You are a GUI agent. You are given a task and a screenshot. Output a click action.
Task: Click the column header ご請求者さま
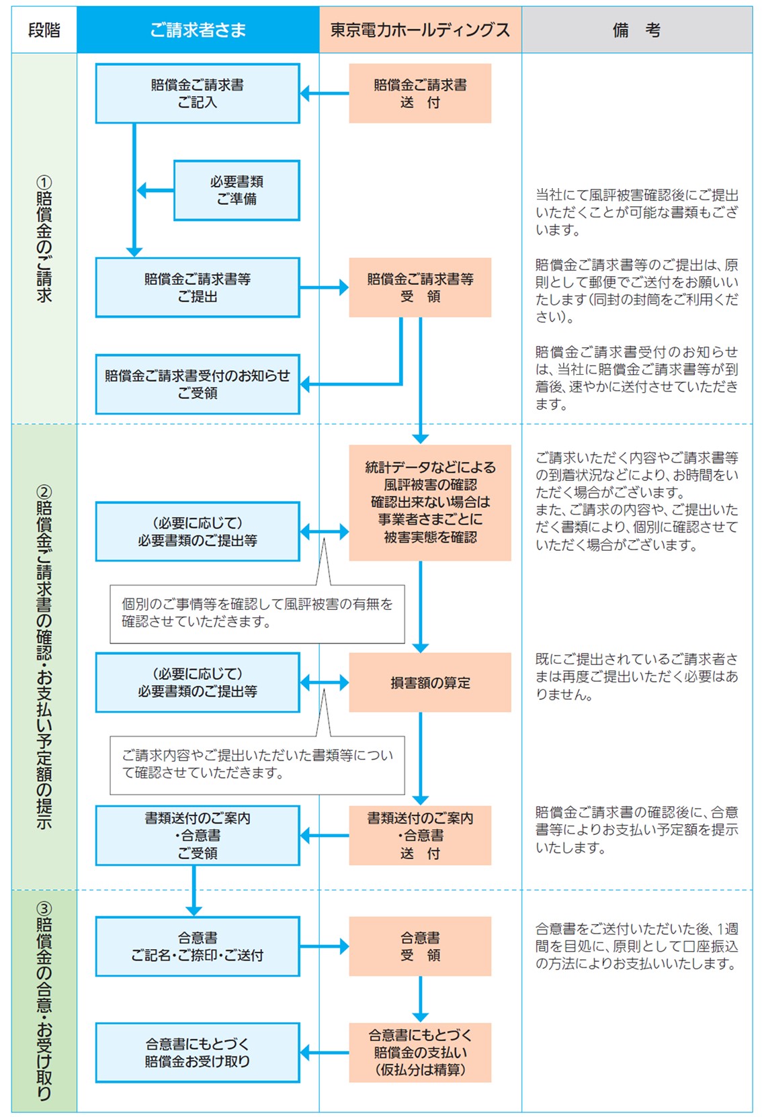pyautogui.click(x=198, y=30)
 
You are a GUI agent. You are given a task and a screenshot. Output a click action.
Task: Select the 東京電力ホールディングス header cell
pyautogui.click(x=420, y=30)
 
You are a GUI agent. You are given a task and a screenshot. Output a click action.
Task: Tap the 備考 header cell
pyautogui.click(x=636, y=30)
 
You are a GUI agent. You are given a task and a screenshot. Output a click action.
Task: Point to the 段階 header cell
pyautogui.click(x=44, y=30)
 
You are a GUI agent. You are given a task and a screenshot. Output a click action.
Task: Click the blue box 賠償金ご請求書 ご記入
pyautogui.click(x=198, y=93)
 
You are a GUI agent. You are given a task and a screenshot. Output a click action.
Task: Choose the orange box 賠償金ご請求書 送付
pyautogui.click(x=420, y=93)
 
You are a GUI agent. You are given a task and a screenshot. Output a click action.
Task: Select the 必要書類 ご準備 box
pyautogui.click(x=237, y=190)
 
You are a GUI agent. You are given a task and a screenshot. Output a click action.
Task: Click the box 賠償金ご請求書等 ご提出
pyautogui.click(x=198, y=287)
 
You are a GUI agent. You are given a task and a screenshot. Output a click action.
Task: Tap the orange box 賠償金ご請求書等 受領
pyautogui.click(x=420, y=287)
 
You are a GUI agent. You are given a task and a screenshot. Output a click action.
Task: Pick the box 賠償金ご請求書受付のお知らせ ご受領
pyautogui.click(x=198, y=384)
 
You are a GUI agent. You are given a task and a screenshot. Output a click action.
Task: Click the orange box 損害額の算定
pyautogui.click(x=430, y=682)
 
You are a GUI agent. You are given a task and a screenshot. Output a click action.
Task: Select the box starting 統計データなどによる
pyautogui.click(x=430, y=502)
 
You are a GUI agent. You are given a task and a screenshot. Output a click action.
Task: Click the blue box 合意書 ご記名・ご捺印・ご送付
pyautogui.click(x=198, y=946)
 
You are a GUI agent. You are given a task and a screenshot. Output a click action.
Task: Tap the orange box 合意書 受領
pyautogui.click(x=420, y=946)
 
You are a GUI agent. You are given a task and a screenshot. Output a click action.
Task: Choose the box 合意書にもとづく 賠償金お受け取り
pyautogui.click(x=198, y=1053)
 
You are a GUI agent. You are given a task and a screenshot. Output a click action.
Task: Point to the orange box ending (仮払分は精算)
pyautogui.click(x=420, y=1053)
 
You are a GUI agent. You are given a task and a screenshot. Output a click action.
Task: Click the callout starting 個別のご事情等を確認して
pyautogui.click(x=257, y=613)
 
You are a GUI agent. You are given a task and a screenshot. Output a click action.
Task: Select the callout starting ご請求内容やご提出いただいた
pyautogui.click(x=257, y=764)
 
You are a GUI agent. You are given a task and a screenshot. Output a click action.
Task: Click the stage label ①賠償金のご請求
pyautogui.click(x=44, y=239)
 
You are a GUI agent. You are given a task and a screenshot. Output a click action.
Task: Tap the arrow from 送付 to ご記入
pyautogui.click(x=325, y=93)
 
